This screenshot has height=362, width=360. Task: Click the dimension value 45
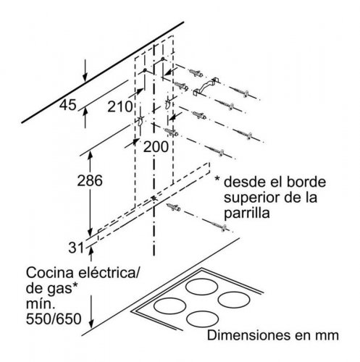pos(68,105)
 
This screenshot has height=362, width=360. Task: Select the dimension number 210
pos(120,106)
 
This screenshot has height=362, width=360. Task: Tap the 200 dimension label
pos(156,146)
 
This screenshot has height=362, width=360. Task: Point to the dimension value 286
pos(90,180)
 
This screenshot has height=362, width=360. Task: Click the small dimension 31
pos(76,248)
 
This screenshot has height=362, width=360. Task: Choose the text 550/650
pos(54,319)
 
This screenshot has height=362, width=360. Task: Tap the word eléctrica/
pos(108,273)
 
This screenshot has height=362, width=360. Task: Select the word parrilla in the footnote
pos(246,214)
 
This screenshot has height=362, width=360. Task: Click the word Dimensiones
pos(246,335)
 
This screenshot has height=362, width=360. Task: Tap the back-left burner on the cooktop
pos(201,287)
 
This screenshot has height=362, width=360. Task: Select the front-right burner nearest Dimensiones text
pos(202,319)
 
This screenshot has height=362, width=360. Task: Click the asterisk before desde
pos(217,180)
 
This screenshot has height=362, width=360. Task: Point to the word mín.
pos(39,303)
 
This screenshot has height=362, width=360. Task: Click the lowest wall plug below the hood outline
pos(174,207)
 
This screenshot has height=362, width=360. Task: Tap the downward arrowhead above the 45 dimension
pos(85,77)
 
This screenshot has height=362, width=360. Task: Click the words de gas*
pos(52,289)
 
